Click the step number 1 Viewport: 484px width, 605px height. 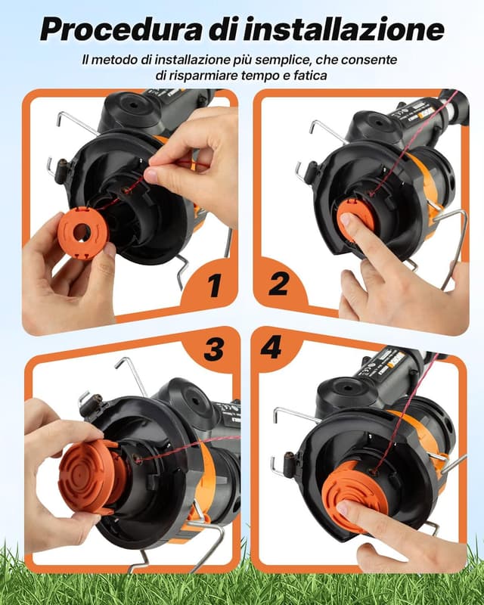(213, 286)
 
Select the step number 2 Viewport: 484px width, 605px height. (278, 284)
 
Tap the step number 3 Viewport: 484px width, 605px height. (214, 349)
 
